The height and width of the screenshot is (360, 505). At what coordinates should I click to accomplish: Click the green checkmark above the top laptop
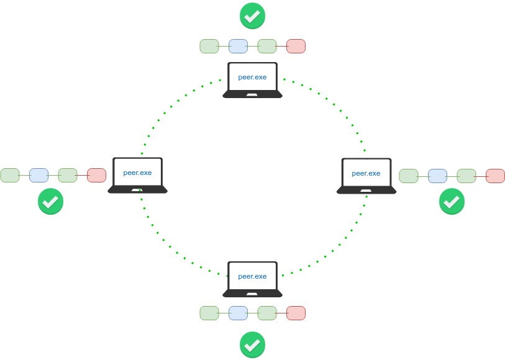[x=252, y=16]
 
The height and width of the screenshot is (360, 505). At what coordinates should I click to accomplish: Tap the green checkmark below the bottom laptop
[x=252, y=344]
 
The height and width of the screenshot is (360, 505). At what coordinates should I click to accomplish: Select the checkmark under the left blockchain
[x=51, y=202]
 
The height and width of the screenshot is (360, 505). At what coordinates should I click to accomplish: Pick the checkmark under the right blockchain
[x=452, y=202]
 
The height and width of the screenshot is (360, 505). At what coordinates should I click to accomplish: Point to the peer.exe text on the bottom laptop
[x=252, y=276]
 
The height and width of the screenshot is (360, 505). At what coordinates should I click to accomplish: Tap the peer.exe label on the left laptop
[x=137, y=173]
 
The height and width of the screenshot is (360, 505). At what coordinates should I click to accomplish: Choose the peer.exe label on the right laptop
[x=366, y=173]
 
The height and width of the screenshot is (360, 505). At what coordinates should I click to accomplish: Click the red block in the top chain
[x=296, y=46]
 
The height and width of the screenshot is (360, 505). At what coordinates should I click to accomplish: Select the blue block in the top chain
[x=238, y=46]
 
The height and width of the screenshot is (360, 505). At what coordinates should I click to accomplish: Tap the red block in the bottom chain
[x=296, y=313]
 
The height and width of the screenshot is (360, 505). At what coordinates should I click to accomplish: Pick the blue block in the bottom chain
[x=238, y=313]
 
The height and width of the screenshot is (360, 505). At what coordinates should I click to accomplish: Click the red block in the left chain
[x=96, y=175]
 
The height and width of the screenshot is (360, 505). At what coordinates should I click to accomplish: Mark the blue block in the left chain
[x=39, y=175]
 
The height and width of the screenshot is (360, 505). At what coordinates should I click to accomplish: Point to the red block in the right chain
[x=495, y=176]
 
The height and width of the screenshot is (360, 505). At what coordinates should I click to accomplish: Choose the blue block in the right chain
[x=437, y=176]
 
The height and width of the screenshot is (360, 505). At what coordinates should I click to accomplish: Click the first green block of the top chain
[x=209, y=46]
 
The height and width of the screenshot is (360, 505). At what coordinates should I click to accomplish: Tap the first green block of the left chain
[x=10, y=175]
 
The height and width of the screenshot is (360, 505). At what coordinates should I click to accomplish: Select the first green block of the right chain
[x=409, y=176]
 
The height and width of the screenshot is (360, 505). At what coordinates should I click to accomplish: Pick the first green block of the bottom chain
[x=209, y=313]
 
